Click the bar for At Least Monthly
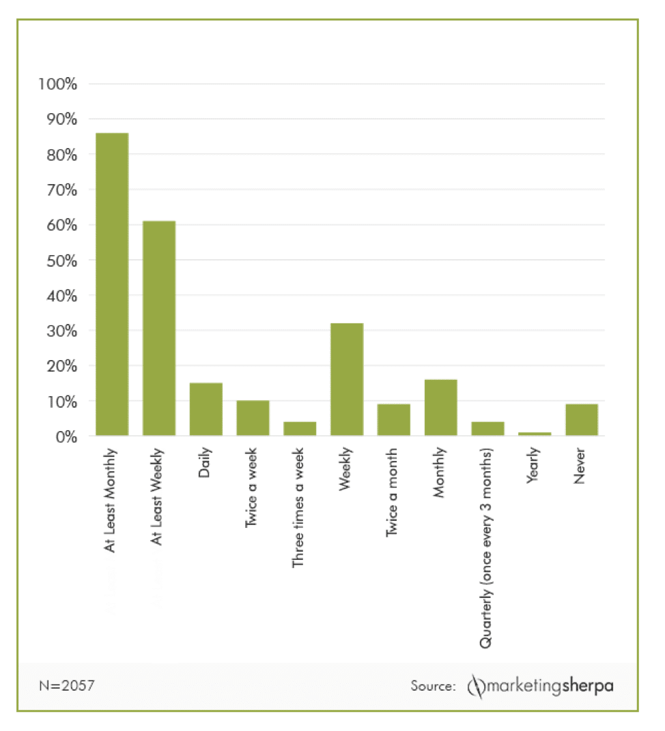tap(112, 284)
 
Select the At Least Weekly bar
tap(159, 328)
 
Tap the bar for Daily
tap(206, 409)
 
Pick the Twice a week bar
tap(253, 418)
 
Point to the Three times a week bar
tap(300, 429)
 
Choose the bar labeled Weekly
tap(347, 379)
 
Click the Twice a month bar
tap(394, 420)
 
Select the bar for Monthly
tap(441, 408)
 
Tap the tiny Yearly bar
tap(535, 434)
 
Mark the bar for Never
tap(582, 420)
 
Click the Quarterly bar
tap(487, 429)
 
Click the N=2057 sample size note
tap(66, 685)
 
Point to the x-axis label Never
tap(582, 466)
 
